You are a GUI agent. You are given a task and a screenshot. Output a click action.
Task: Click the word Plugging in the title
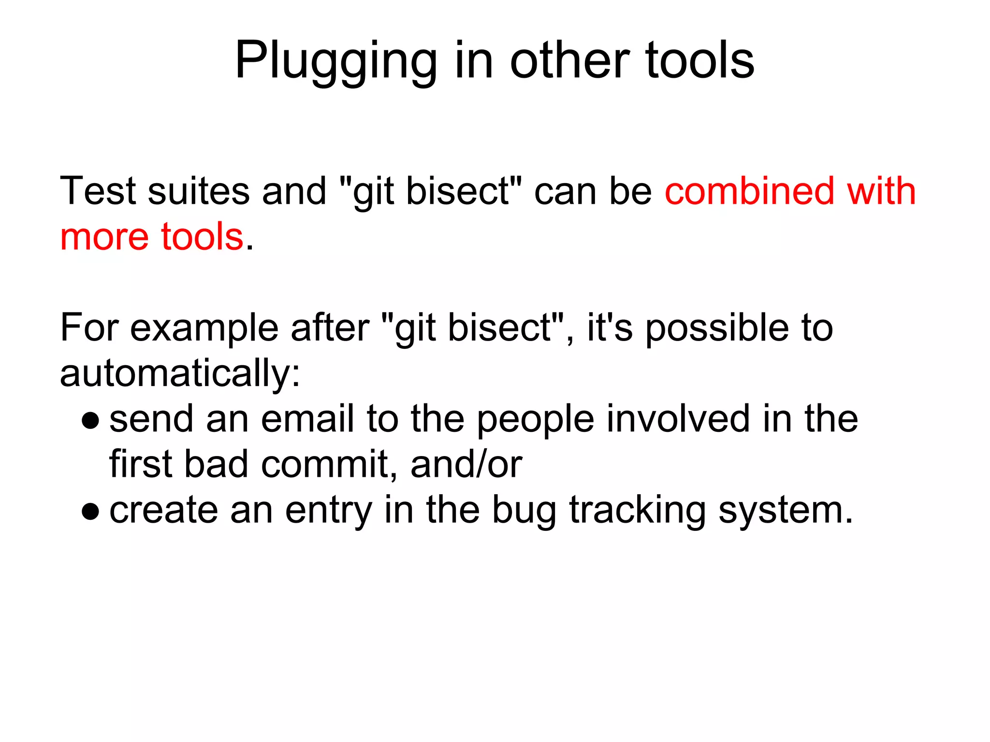tap(336, 61)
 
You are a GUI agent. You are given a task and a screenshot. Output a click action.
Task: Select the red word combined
tap(750, 191)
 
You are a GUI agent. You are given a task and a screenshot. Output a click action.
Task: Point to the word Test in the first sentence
tap(98, 191)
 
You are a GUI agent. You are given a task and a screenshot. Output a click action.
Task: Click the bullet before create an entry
tap(90, 511)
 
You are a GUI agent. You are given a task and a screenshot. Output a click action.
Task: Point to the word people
tap(536, 419)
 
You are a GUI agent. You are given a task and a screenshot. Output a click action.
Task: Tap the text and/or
tap(466, 464)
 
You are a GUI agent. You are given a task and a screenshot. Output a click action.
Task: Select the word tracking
tap(638, 510)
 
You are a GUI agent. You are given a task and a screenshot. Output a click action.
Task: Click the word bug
tap(524, 510)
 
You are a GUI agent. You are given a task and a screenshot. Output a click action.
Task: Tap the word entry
tap(329, 510)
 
